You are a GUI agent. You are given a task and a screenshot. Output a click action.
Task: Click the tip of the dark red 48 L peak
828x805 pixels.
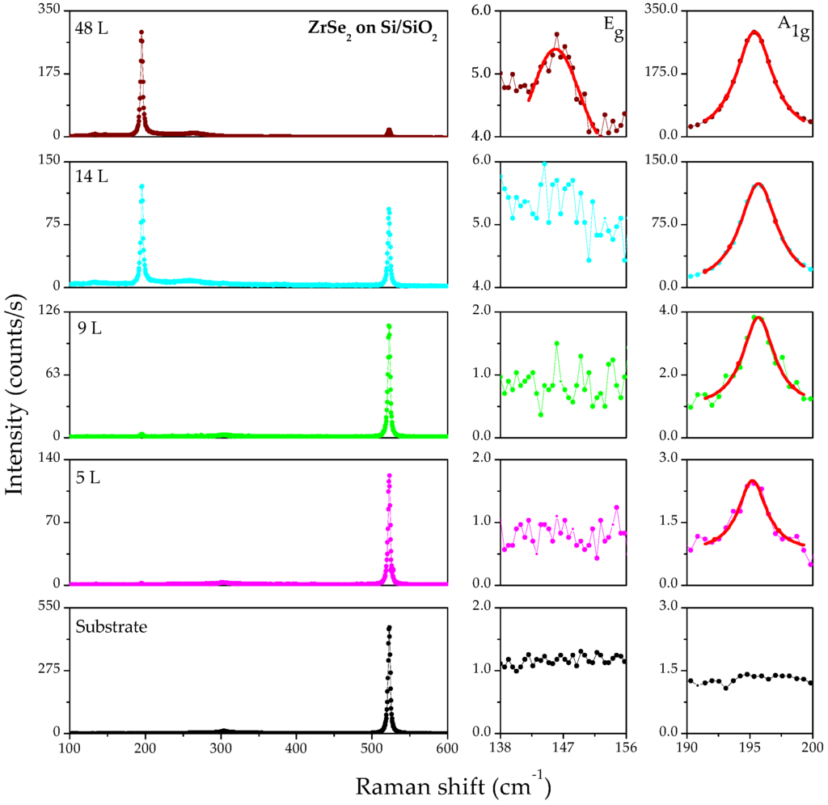click(x=142, y=32)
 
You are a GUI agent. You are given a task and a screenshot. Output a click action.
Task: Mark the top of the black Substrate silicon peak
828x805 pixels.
click(x=389, y=627)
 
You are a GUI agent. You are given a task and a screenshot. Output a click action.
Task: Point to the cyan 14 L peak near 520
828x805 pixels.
click(x=389, y=209)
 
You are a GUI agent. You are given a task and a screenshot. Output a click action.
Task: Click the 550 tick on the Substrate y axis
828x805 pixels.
click(x=49, y=607)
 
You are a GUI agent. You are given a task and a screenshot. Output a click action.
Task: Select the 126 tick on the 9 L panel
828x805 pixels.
click(x=49, y=311)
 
